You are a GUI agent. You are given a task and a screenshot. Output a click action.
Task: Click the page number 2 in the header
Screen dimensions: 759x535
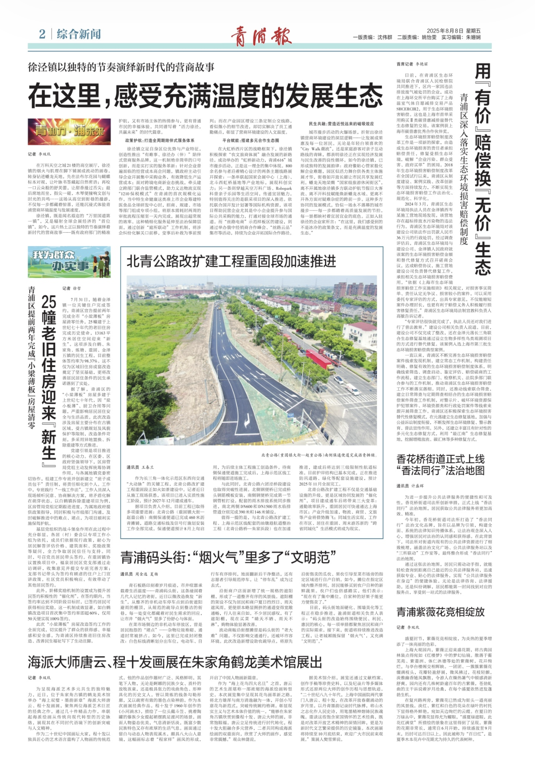(x=42, y=34)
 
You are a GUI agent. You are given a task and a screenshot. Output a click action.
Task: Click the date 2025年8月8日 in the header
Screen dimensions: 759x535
(x=445, y=31)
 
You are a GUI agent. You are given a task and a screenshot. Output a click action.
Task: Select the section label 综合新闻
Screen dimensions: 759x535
(x=79, y=34)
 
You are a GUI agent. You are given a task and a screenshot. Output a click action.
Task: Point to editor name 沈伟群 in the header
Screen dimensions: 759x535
(x=385, y=37)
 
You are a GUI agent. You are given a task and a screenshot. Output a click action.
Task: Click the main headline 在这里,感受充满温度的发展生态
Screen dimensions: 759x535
(x=206, y=96)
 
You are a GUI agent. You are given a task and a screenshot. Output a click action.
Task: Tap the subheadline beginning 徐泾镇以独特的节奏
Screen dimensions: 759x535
(x=121, y=67)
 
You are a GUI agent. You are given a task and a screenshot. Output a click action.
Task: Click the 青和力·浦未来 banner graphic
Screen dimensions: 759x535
(x=69, y=132)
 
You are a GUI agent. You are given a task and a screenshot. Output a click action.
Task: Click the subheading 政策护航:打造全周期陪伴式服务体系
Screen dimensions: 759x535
(x=160, y=140)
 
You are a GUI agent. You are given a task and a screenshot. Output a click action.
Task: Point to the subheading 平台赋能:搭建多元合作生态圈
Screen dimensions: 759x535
(x=251, y=140)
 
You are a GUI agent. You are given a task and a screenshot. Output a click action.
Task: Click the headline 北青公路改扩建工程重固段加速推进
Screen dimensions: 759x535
(x=231, y=261)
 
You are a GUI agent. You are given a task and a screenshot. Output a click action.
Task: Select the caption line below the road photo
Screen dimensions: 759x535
(x=318, y=455)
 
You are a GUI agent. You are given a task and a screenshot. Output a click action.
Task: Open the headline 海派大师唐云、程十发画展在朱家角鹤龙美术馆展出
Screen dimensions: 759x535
(x=175, y=662)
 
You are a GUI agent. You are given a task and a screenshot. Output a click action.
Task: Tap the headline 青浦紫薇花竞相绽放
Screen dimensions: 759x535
(x=440, y=612)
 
